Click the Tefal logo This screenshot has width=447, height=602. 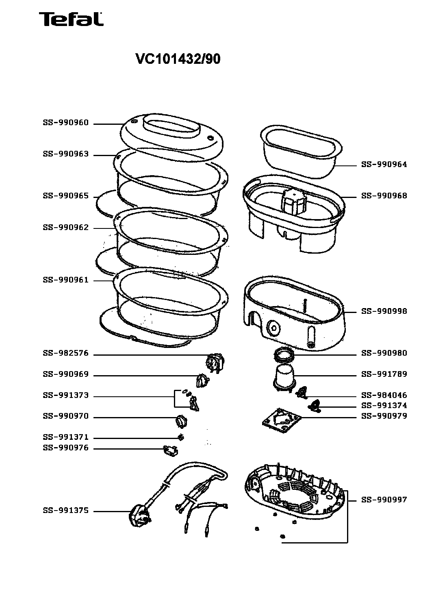(71, 19)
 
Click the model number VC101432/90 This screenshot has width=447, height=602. (178, 59)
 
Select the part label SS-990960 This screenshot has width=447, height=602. (66, 123)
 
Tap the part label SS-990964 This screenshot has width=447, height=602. (384, 165)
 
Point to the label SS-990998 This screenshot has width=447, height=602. (384, 311)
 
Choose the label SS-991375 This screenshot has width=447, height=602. (66, 511)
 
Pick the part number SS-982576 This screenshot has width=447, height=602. (66, 353)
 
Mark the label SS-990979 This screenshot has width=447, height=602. (384, 416)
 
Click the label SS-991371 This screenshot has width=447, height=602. (66, 437)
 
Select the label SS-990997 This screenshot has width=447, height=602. (384, 500)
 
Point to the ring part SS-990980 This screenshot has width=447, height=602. (284, 355)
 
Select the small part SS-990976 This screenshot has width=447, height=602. (170, 451)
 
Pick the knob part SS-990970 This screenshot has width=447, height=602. (181, 421)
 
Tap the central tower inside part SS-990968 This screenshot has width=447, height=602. (294, 201)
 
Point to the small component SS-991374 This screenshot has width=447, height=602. (314, 406)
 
